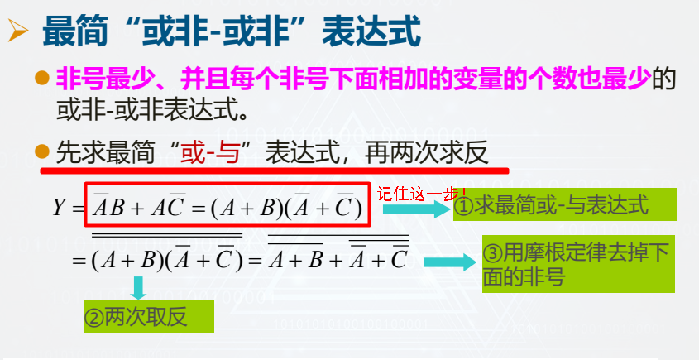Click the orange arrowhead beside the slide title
point(18,31)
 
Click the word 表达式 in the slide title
point(371,31)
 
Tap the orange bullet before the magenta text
point(42,78)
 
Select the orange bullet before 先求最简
point(42,151)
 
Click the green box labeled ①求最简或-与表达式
point(565,204)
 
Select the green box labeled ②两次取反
point(149,316)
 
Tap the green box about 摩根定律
point(578,264)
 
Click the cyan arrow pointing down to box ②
point(139,288)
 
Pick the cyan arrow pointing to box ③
point(450,262)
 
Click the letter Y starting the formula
point(60,208)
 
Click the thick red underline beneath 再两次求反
point(275,170)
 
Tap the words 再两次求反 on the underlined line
point(426,155)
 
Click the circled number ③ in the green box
point(492,254)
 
